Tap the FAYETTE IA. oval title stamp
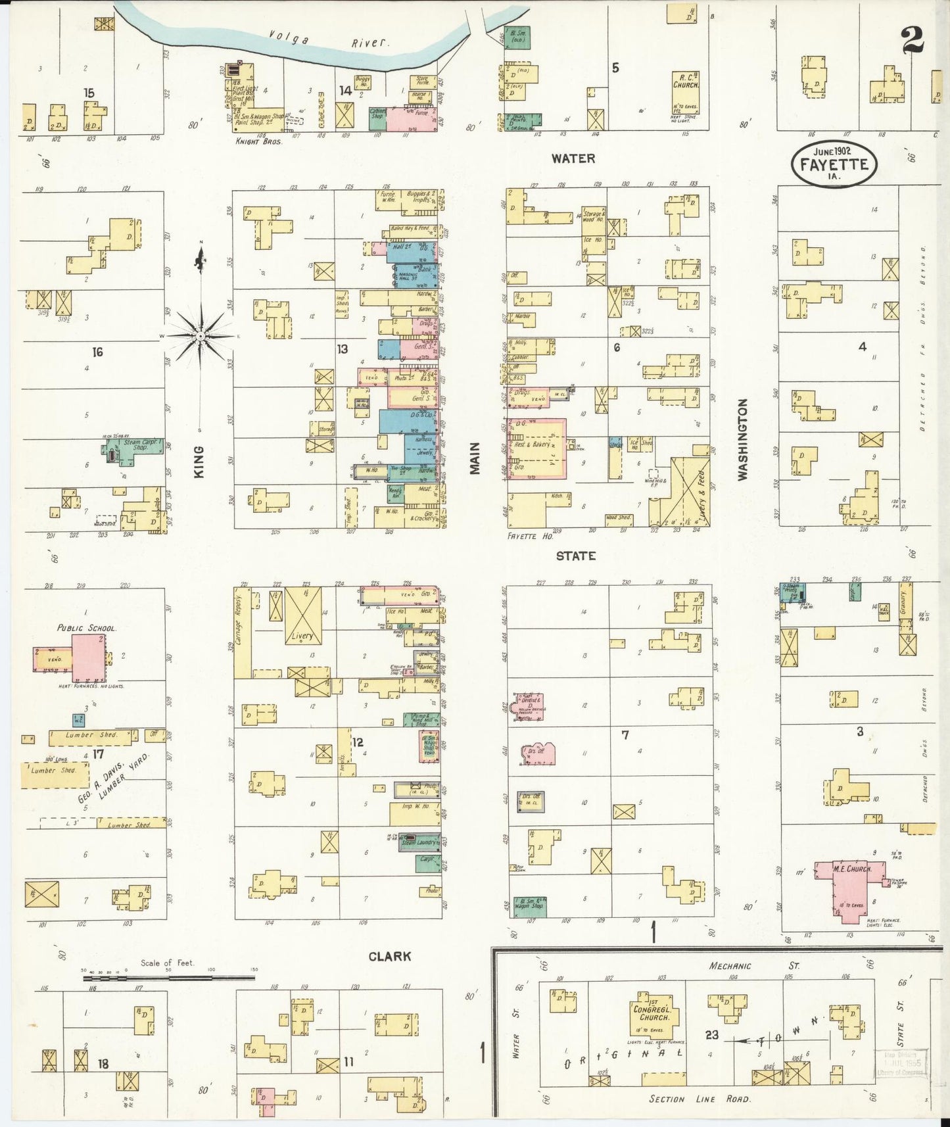834,164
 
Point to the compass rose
200,336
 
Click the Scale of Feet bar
168,978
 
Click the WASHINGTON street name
743,439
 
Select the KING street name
199,461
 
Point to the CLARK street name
390,956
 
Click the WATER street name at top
573,158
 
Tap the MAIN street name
475,457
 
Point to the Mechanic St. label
752,966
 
